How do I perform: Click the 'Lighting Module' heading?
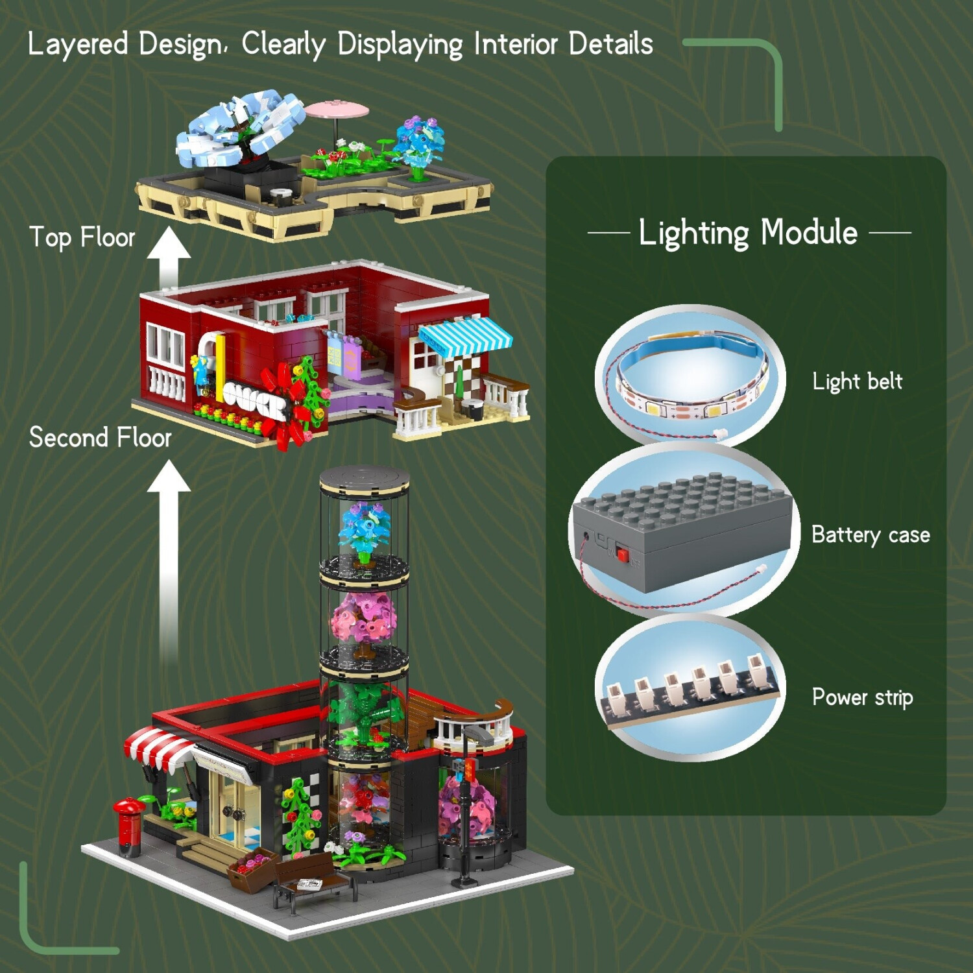click(748, 232)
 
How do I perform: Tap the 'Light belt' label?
click(857, 381)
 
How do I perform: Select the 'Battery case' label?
click(871, 535)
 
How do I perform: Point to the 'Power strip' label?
click(862, 697)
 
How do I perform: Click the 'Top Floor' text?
click(82, 237)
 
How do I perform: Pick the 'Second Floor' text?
click(100, 438)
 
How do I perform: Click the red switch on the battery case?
click(623, 554)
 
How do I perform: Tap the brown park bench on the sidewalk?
click(315, 879)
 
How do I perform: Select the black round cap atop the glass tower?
click(365, 479)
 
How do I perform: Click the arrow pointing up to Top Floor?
click(169, 258)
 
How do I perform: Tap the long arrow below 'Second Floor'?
click(169, 561)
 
